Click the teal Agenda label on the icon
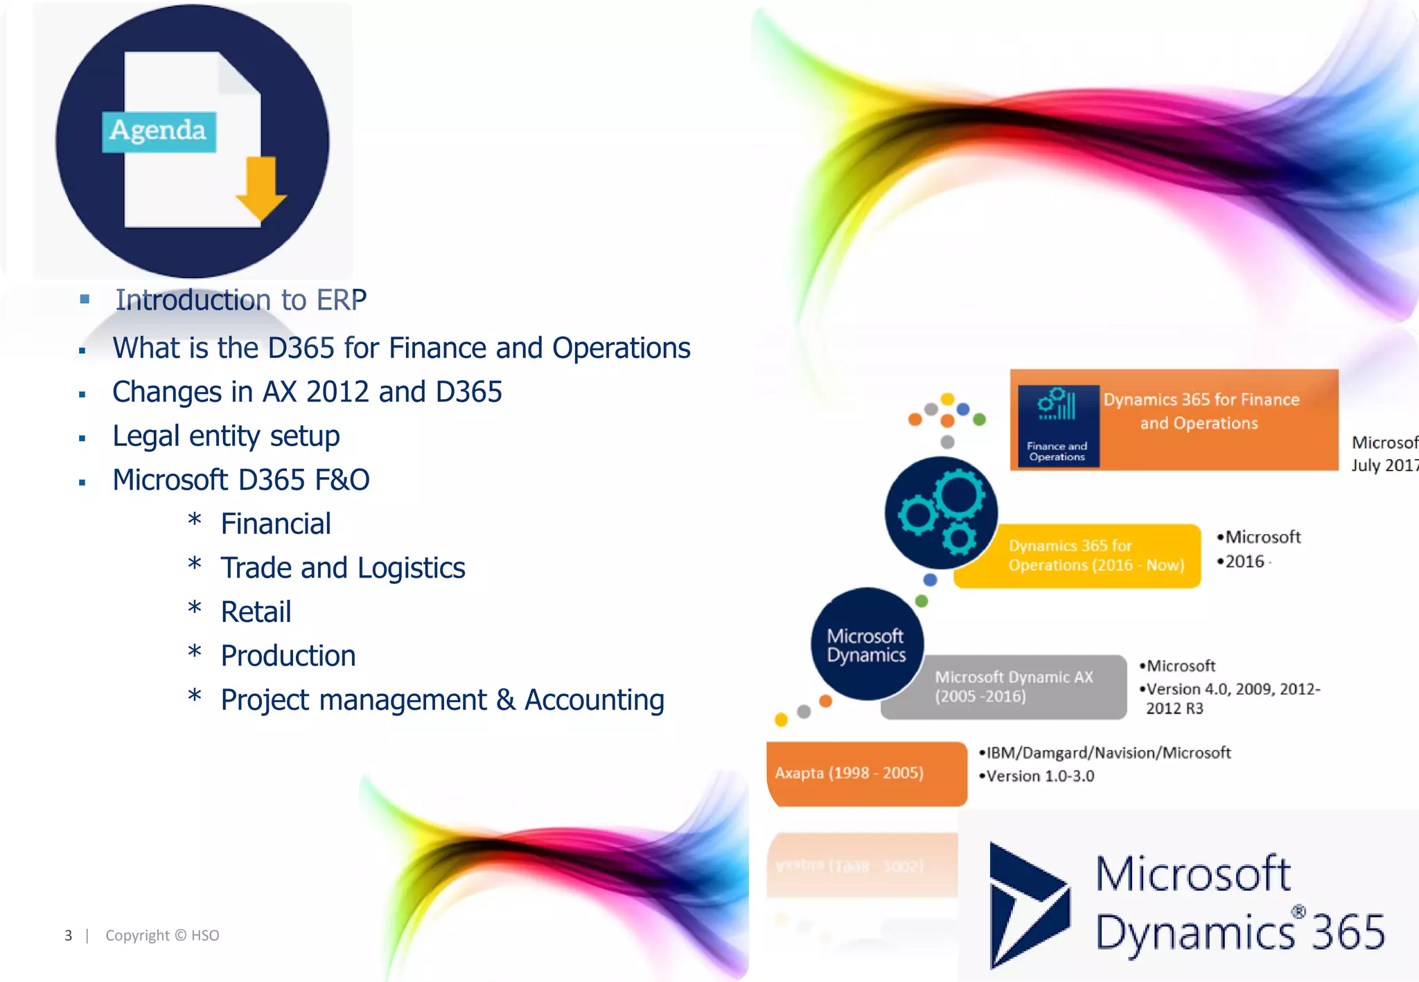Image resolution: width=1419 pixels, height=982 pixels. coord(159,131)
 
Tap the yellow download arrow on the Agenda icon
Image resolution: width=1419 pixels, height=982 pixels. coord(261,188)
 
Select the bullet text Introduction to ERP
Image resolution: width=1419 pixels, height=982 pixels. coord(240,300)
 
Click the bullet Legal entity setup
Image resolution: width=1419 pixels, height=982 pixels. coord(226,436)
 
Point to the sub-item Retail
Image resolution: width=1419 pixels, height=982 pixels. coord(256,612)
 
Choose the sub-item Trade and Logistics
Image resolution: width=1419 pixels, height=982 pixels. coord(342,568)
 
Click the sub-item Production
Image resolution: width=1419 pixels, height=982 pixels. coord(288,656)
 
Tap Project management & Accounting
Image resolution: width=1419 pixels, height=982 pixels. coord(442,700)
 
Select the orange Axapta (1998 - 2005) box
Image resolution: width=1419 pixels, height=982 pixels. coord(866,774)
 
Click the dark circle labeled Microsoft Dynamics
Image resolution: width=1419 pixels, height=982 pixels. coord(867,644)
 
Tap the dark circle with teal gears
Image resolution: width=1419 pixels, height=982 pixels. coord(941,513)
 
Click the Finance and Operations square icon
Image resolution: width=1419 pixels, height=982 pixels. coord(1057,425)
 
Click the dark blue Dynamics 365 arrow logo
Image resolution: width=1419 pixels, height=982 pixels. coord(1028,904)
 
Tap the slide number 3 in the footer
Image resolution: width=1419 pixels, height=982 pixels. coord(68,936)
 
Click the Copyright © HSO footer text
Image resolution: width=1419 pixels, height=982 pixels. coord(162,936)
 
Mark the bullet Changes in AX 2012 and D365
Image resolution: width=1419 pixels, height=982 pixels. coord(307,392)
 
